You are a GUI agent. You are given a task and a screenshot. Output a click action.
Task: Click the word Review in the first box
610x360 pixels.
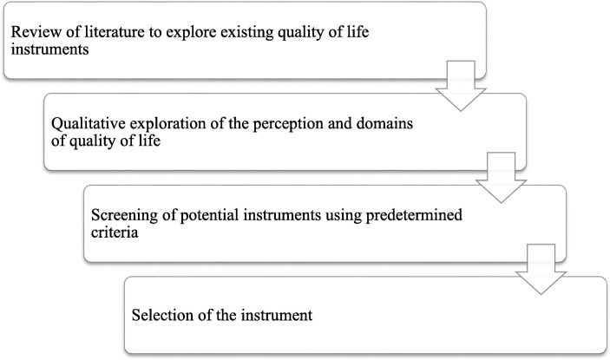click(34, 33)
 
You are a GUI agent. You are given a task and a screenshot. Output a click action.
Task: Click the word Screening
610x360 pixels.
click(137, 219)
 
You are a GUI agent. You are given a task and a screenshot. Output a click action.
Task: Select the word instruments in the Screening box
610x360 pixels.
click(284, 219)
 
